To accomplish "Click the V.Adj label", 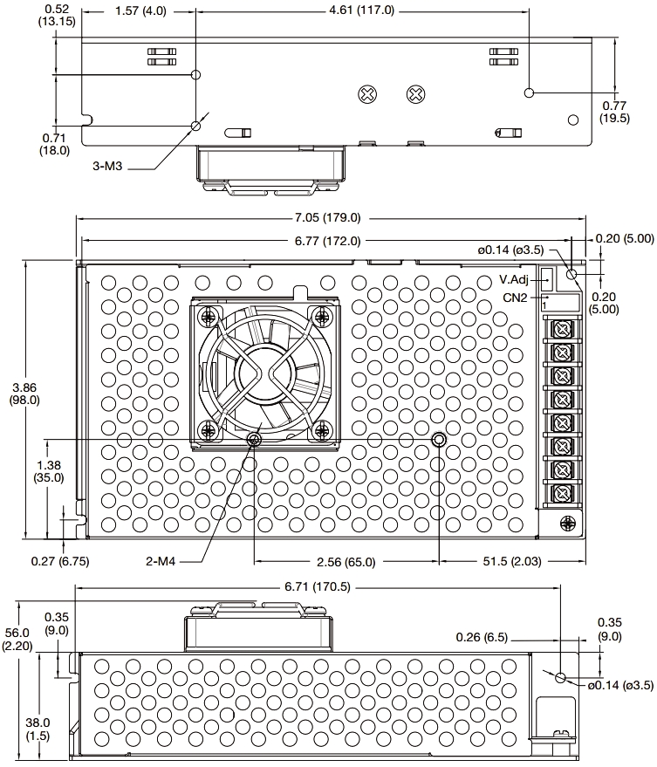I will coord(515,280).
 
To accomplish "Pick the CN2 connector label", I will coord(515,298).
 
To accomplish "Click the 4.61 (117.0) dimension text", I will coord(361,10).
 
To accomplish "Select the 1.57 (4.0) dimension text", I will coord(140,10).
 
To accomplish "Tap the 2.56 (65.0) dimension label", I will coord(343,562).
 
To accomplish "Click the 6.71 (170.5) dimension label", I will coord(319,587).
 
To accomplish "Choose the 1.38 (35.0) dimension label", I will coord(48,471).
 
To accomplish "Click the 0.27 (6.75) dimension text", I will coord(60,560).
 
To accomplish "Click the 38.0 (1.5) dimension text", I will coord(37,729).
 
